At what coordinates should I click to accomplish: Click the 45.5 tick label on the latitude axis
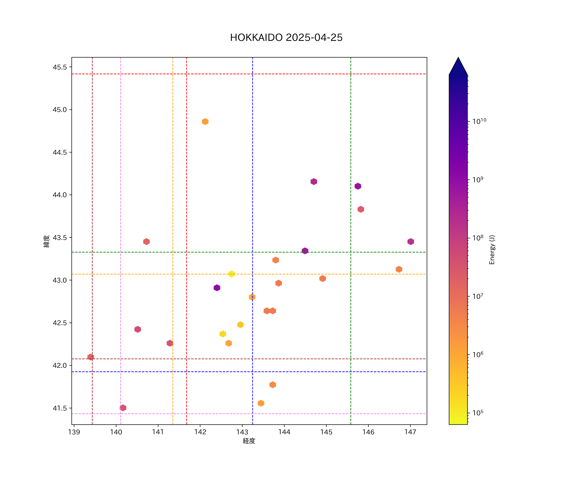pos(60,67)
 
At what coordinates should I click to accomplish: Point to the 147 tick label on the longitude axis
pos(410,432)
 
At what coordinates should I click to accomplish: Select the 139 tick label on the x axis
pos(74,432)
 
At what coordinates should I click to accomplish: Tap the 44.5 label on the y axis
pos(60,152)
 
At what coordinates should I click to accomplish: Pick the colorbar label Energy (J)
pos(492,250)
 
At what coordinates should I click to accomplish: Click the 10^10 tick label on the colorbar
pos(479,121)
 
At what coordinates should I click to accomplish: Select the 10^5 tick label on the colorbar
pos(478,413)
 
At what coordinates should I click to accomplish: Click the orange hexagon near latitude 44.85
pos(205,122)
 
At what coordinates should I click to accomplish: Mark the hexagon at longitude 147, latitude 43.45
pos(411,242)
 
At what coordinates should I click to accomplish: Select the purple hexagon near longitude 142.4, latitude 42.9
pos(217,288)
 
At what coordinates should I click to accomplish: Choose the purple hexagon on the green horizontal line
pos(305,251)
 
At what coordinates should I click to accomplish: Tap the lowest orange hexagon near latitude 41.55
pos(261,403)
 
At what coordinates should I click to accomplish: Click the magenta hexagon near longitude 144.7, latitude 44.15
pos(314,182)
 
